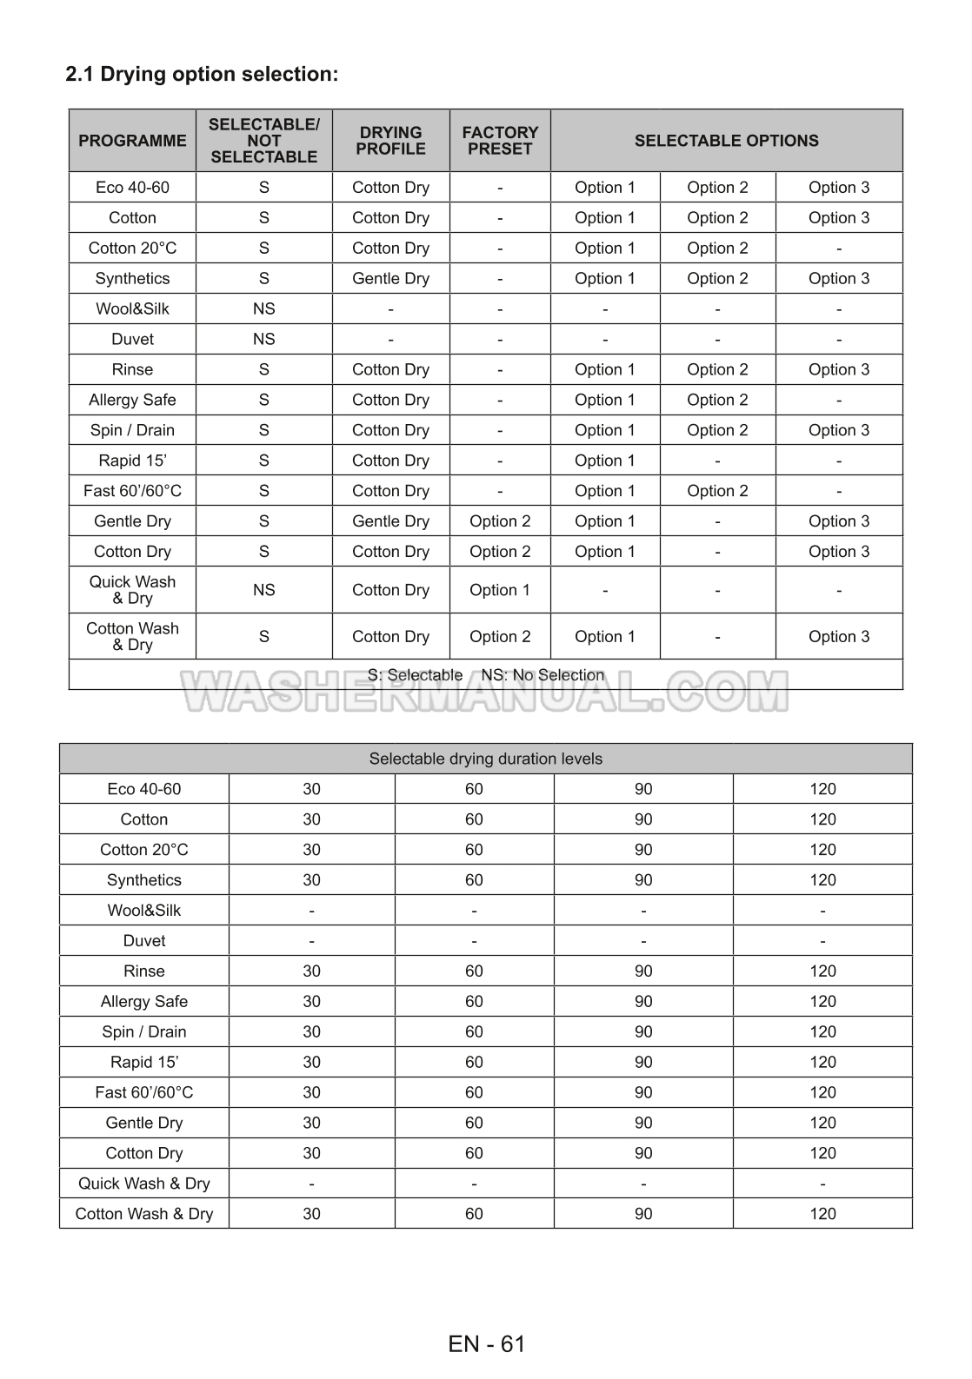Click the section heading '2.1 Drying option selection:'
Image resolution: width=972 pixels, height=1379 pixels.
click(x=202, y=74)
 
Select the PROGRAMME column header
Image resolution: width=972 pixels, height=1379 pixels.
click(x=132, y=141)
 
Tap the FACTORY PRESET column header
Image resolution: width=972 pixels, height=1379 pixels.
click(x=500, y=141)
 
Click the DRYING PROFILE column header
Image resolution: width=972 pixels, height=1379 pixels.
click(x=390, y=141)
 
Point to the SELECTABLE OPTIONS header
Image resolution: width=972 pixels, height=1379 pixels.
click(x=726, y=141)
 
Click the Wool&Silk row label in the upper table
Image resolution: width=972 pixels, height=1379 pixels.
click(x=132, y=308)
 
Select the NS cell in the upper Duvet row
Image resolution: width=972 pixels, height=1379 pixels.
click(x=263, y=339)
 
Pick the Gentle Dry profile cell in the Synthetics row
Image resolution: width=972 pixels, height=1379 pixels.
click(x=390, y=278)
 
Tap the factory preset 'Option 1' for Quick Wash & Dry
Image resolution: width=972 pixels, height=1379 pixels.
click(x=500, y=590)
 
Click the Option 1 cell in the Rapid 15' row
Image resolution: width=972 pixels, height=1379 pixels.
click(x=604, y=461)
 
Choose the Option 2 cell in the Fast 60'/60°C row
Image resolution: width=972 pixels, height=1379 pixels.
click(x=717, y=491)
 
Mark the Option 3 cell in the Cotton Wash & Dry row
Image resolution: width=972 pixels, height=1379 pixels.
click(x=838, y=636)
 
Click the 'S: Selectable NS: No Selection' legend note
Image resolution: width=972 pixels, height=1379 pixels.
click(x=485, y=674)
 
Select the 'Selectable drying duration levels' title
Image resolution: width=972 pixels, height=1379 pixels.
click(x=485, y=759)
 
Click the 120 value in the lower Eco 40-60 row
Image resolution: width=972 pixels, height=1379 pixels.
click(x=822, y=789)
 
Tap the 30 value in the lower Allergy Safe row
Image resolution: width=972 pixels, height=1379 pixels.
click(x=311, y=1001)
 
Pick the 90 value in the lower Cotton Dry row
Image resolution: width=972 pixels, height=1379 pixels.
click(x=642, y=1153)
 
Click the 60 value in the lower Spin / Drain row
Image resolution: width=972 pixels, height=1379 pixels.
click(x=474, y=1031)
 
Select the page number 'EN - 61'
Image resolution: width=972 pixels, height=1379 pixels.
click(x=487, y=1344)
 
